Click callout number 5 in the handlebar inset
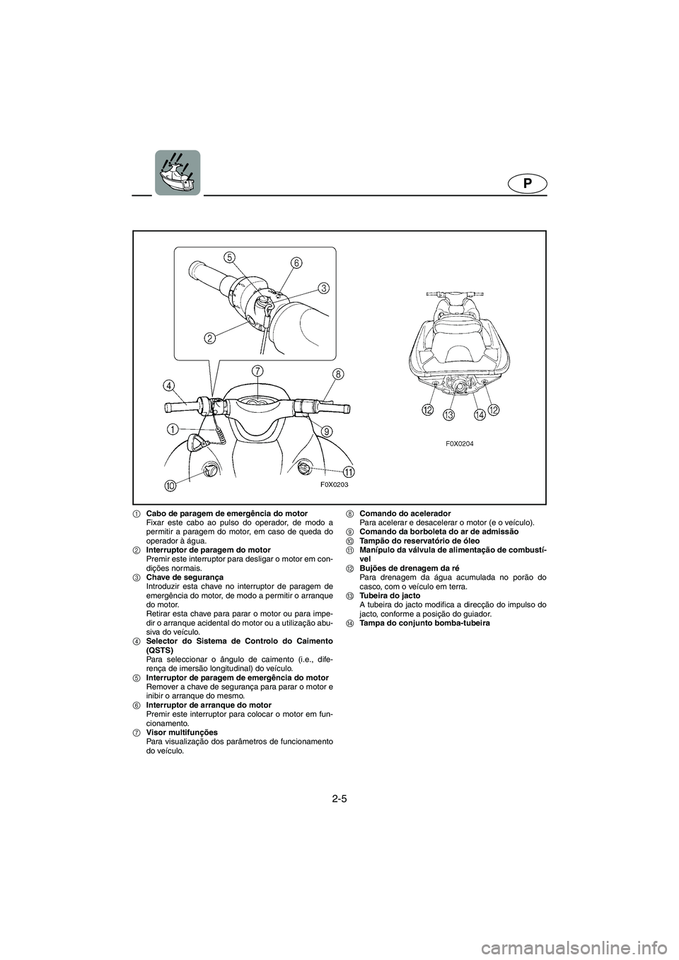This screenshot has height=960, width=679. (229, 257)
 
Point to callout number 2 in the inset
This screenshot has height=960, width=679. (209, 338)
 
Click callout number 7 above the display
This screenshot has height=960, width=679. (257, 371)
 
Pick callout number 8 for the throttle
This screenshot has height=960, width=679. (338, 374)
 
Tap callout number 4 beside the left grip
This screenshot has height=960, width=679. (169, 385)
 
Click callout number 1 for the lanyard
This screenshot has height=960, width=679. (173, 428)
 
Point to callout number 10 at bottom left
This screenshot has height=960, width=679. (170, 486)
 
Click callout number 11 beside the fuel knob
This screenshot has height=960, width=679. (349, 472)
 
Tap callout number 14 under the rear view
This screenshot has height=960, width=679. (480, 414)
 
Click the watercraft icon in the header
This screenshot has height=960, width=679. (178, 172)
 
